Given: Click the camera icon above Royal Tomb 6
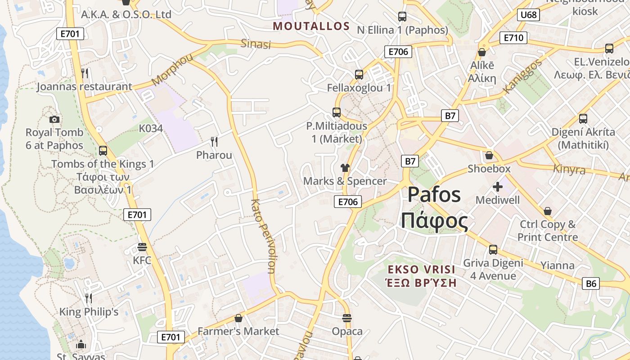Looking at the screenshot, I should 54,119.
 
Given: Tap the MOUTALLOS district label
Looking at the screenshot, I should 311,26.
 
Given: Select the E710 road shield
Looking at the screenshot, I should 513,38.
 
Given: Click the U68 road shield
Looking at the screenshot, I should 528,15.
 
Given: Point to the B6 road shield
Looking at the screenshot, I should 591,283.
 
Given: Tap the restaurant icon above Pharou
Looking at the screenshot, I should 214,142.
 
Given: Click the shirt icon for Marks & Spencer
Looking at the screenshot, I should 345,168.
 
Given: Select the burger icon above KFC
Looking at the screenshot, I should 142,247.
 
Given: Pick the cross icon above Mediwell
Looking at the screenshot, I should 498,187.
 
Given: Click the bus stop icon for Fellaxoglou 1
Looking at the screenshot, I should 359,75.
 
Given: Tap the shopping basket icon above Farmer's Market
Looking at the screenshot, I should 238,318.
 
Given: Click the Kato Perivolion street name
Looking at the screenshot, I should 262,236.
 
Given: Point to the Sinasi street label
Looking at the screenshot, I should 256,44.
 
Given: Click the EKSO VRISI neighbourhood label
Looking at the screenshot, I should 422,270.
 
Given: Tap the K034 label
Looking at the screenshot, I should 151,128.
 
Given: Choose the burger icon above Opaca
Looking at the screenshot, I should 347,318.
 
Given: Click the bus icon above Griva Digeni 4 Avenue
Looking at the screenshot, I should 493,249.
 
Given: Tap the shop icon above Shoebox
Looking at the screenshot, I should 489,156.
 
